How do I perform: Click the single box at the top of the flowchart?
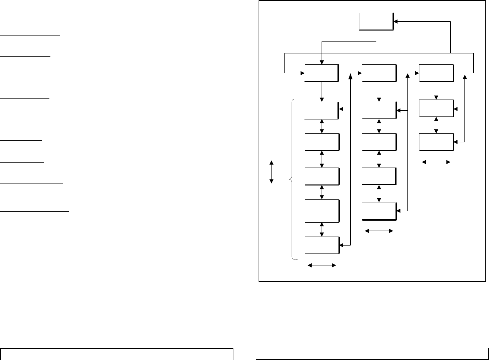click(376, 22)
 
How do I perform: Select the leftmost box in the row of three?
click(322, 73)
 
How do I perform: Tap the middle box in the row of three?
click(379, 73)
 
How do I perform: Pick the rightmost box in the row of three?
click(436, 73)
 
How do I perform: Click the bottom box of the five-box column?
click(322, 245)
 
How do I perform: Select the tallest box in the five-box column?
click(322, 211)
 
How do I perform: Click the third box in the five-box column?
click(322, 176)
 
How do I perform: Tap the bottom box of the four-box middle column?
click(379, 211)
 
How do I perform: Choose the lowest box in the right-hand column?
click(436, 142)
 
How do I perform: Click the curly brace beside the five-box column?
click(291, 180)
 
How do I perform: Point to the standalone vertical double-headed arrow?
click(272, 172)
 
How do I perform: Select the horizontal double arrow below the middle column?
click(379, 231)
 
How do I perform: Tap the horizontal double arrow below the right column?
click(436, 162)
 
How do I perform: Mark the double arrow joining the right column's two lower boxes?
click(436, 125)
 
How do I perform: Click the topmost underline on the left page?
click(30, 35)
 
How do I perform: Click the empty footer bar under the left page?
click(117, 354)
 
